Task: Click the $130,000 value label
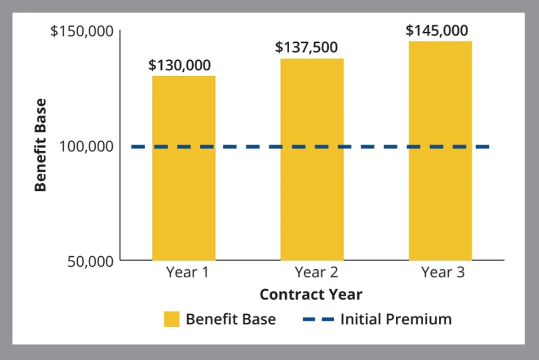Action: point(180,66)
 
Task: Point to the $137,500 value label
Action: point(306,48)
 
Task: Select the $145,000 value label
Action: point(437,31)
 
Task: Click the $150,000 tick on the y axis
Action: point(81,32)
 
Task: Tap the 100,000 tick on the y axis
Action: point(86,147)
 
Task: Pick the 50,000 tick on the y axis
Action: point(90,261)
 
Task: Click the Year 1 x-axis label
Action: point(187,272)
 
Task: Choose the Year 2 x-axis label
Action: point(316,272)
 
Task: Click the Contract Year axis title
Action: point(311,294)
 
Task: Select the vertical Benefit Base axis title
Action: point(41,145)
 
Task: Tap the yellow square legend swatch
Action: point(172,319)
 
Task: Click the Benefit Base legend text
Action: point(231,319)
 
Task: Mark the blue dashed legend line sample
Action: point(318,319)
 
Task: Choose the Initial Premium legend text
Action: point(396,319)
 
